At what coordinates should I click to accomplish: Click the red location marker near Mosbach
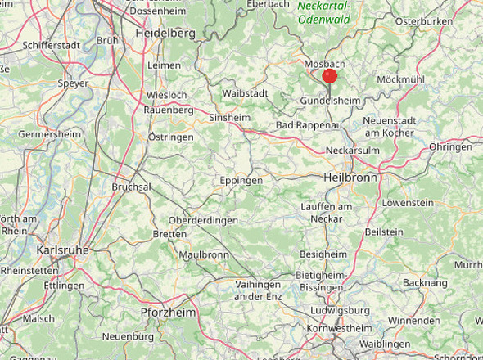coord(330,76)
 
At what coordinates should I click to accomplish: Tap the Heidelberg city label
coord(165,34)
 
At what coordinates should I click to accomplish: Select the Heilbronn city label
coord(350,178)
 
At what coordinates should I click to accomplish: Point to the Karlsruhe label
coord(61,250)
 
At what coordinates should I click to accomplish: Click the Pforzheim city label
coord(168,313)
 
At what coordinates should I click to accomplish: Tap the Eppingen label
coord(241,180)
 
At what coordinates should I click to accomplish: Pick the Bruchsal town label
coord(131,187)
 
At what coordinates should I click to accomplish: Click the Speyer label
coord(73,83)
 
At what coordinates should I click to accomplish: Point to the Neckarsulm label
coord(353,152)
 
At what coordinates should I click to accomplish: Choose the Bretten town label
coord(169,235)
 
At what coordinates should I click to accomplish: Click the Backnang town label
coord(424,282)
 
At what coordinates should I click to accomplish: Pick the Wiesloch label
coord(166,94)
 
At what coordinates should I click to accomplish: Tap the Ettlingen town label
coord(64,286)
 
